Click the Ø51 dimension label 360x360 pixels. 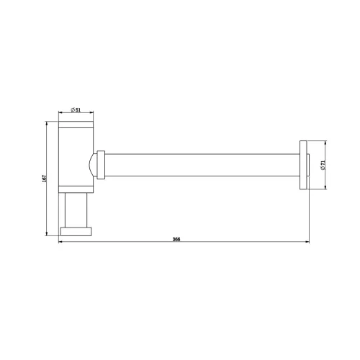click(76, 110)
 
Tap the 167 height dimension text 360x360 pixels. click(44, 179)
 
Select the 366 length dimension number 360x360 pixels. click(176, 239)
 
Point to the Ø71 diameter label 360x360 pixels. click(323, 166)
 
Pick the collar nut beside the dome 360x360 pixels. click(101, 165)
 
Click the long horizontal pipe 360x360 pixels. click(202, 165)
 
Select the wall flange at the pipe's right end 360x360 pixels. click(303, 165)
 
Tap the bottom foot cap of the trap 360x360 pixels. click(76, 231)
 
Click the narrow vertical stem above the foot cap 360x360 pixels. click(76, 210)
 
